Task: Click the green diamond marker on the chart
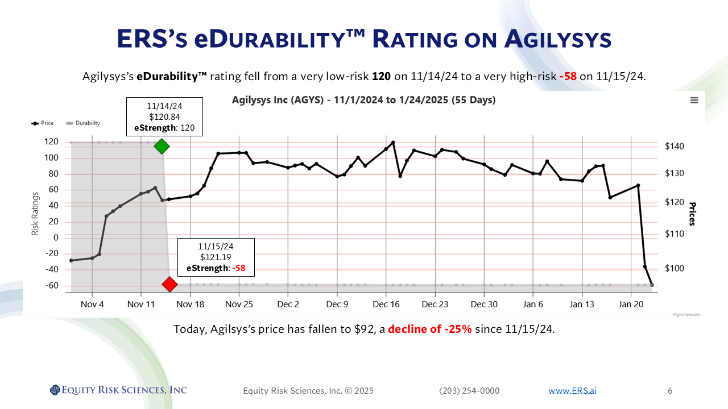point(162,146)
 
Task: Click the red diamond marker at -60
point(169,284)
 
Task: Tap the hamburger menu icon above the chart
point(694,100)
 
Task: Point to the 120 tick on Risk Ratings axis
point(52,142)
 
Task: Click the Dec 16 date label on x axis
point(386,304)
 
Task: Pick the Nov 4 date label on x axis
point(92,304)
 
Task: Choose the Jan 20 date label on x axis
point(631,304)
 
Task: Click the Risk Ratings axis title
point(35,212)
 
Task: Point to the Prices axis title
point(692,214)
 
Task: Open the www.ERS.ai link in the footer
point(572,391)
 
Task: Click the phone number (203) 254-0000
point(469,391)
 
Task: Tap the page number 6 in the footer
point(670,391)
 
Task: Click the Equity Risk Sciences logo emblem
point(55,390)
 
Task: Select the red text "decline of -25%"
point(430,329)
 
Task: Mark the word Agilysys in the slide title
point(557,39)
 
